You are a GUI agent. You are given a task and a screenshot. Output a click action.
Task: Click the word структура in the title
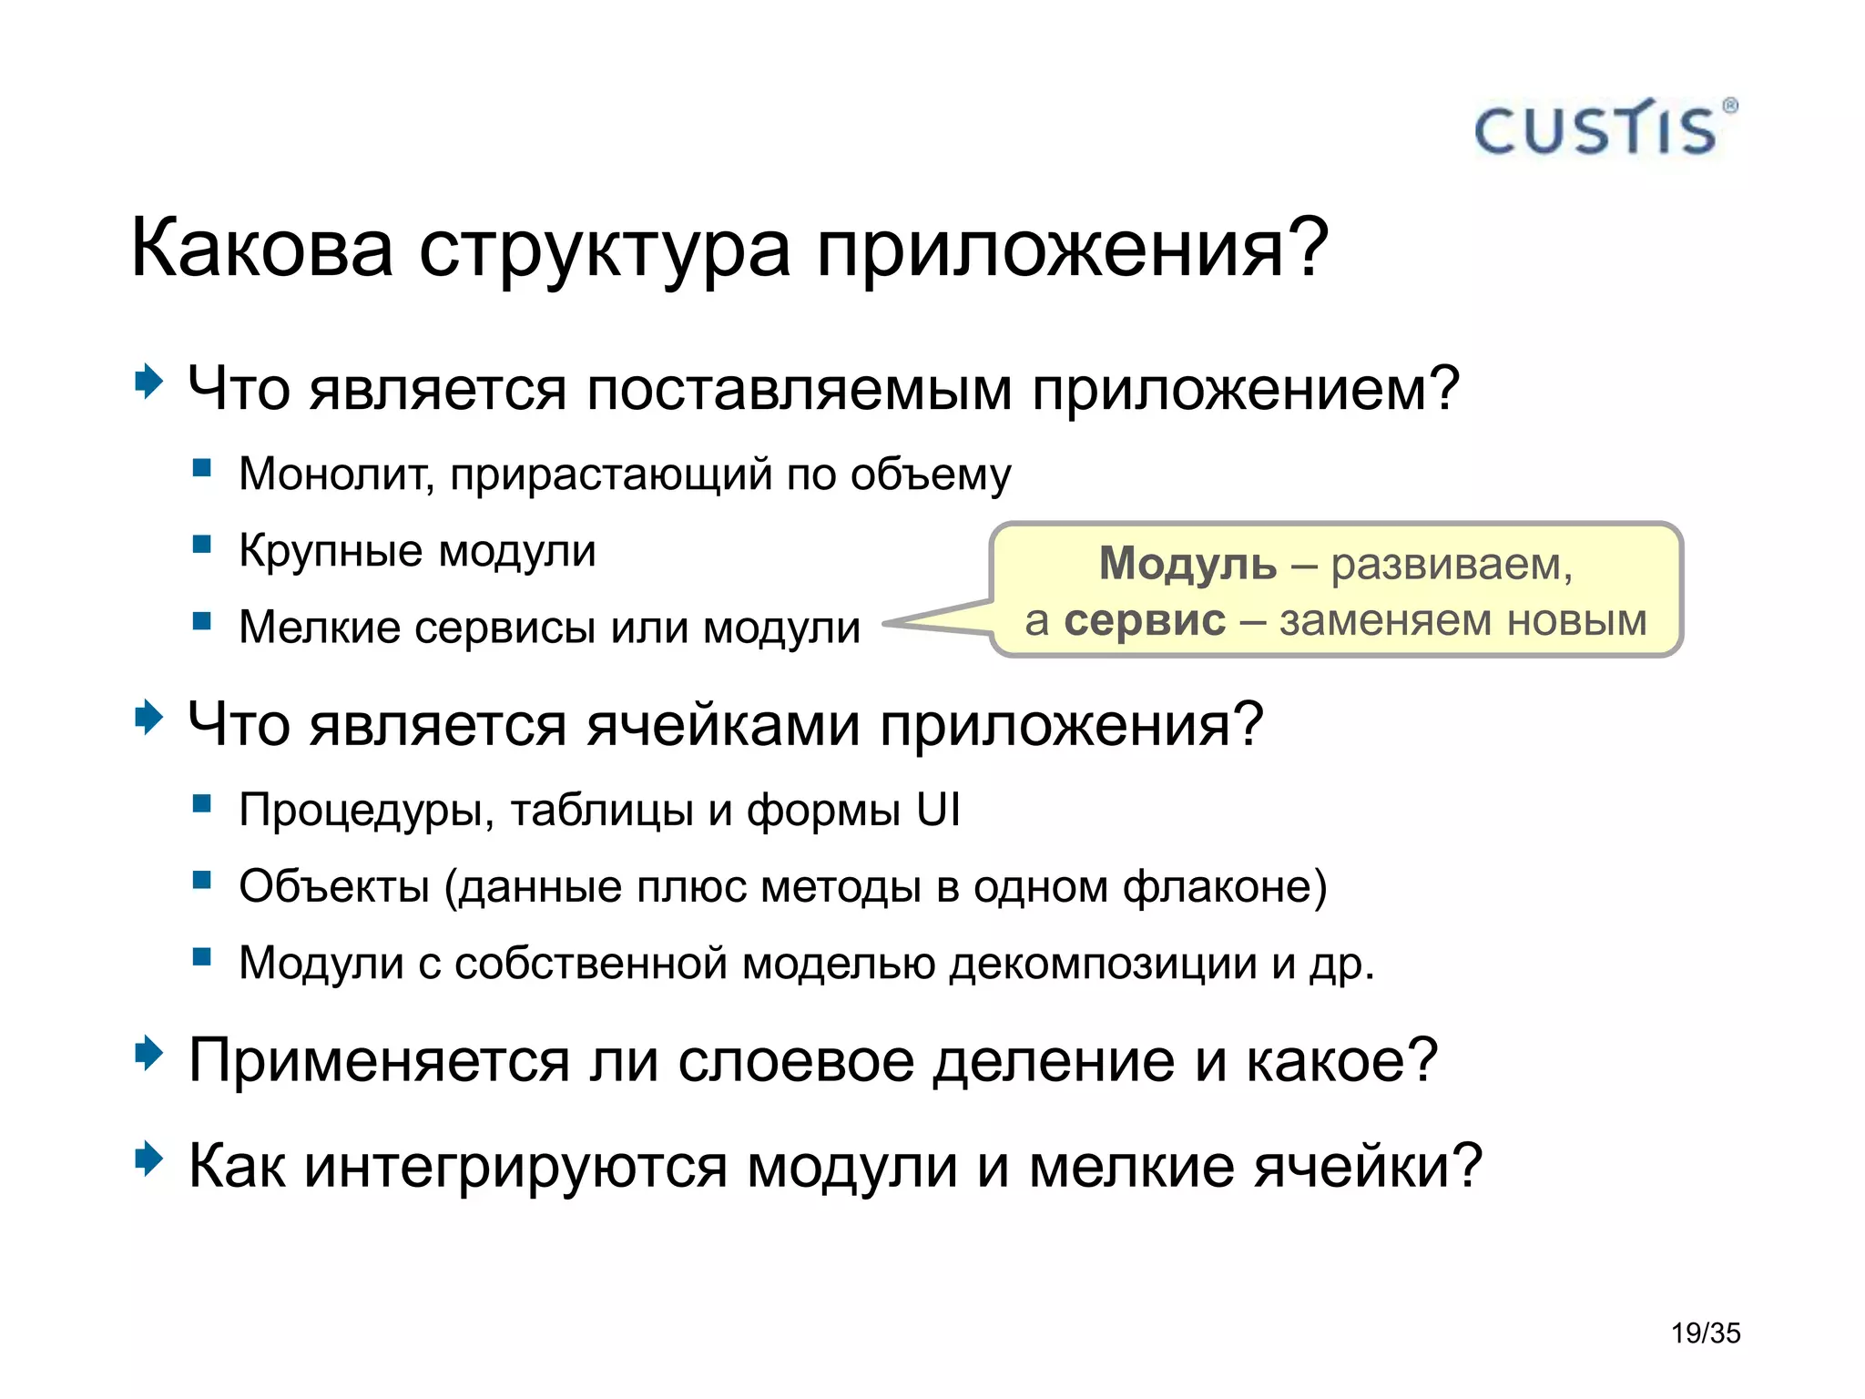604,250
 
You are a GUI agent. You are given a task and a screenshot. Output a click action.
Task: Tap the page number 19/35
1705,1333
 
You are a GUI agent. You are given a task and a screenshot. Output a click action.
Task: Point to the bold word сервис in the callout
1145,621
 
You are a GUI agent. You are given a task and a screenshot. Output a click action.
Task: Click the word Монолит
335,474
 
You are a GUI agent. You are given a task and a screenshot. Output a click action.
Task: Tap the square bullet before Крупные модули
202,546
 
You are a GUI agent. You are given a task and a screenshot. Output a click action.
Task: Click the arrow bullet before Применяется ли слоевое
148,1055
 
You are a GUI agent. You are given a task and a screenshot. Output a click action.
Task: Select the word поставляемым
799,390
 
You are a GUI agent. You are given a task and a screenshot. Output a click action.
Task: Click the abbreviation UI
938,809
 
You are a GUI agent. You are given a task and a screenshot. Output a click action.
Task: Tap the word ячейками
723,726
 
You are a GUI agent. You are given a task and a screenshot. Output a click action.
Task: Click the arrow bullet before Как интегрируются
148,1160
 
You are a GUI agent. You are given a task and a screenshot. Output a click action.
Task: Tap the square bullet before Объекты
202,881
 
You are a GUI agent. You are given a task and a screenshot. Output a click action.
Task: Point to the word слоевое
796,1061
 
